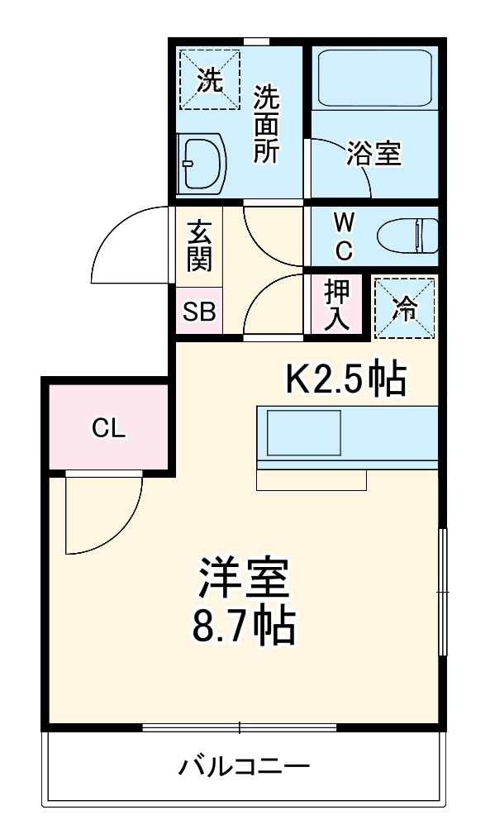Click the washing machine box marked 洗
(209, 79)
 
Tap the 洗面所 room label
(266, 124)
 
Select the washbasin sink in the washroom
(202, 162)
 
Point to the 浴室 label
(373, 154)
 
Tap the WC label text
(345, 235)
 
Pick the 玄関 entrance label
(199, 245)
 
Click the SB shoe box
(199, 312)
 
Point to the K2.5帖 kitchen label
(345, 379)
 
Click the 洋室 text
(243, 579)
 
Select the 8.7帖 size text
(243, 627)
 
